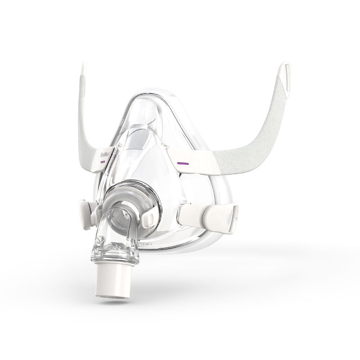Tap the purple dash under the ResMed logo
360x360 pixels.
pyautogui.click(x=103, y=162)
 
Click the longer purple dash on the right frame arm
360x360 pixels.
pyautogui.click(x=183, y=163)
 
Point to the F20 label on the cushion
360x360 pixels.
pyautogui.click(x=146, y=244)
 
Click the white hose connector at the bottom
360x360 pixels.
pyautogui.click(x=114, y=281)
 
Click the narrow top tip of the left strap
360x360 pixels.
pyautogui.click(x=84, y=68)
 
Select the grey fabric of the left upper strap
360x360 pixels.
pyautogui.click(x=84, y=126)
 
